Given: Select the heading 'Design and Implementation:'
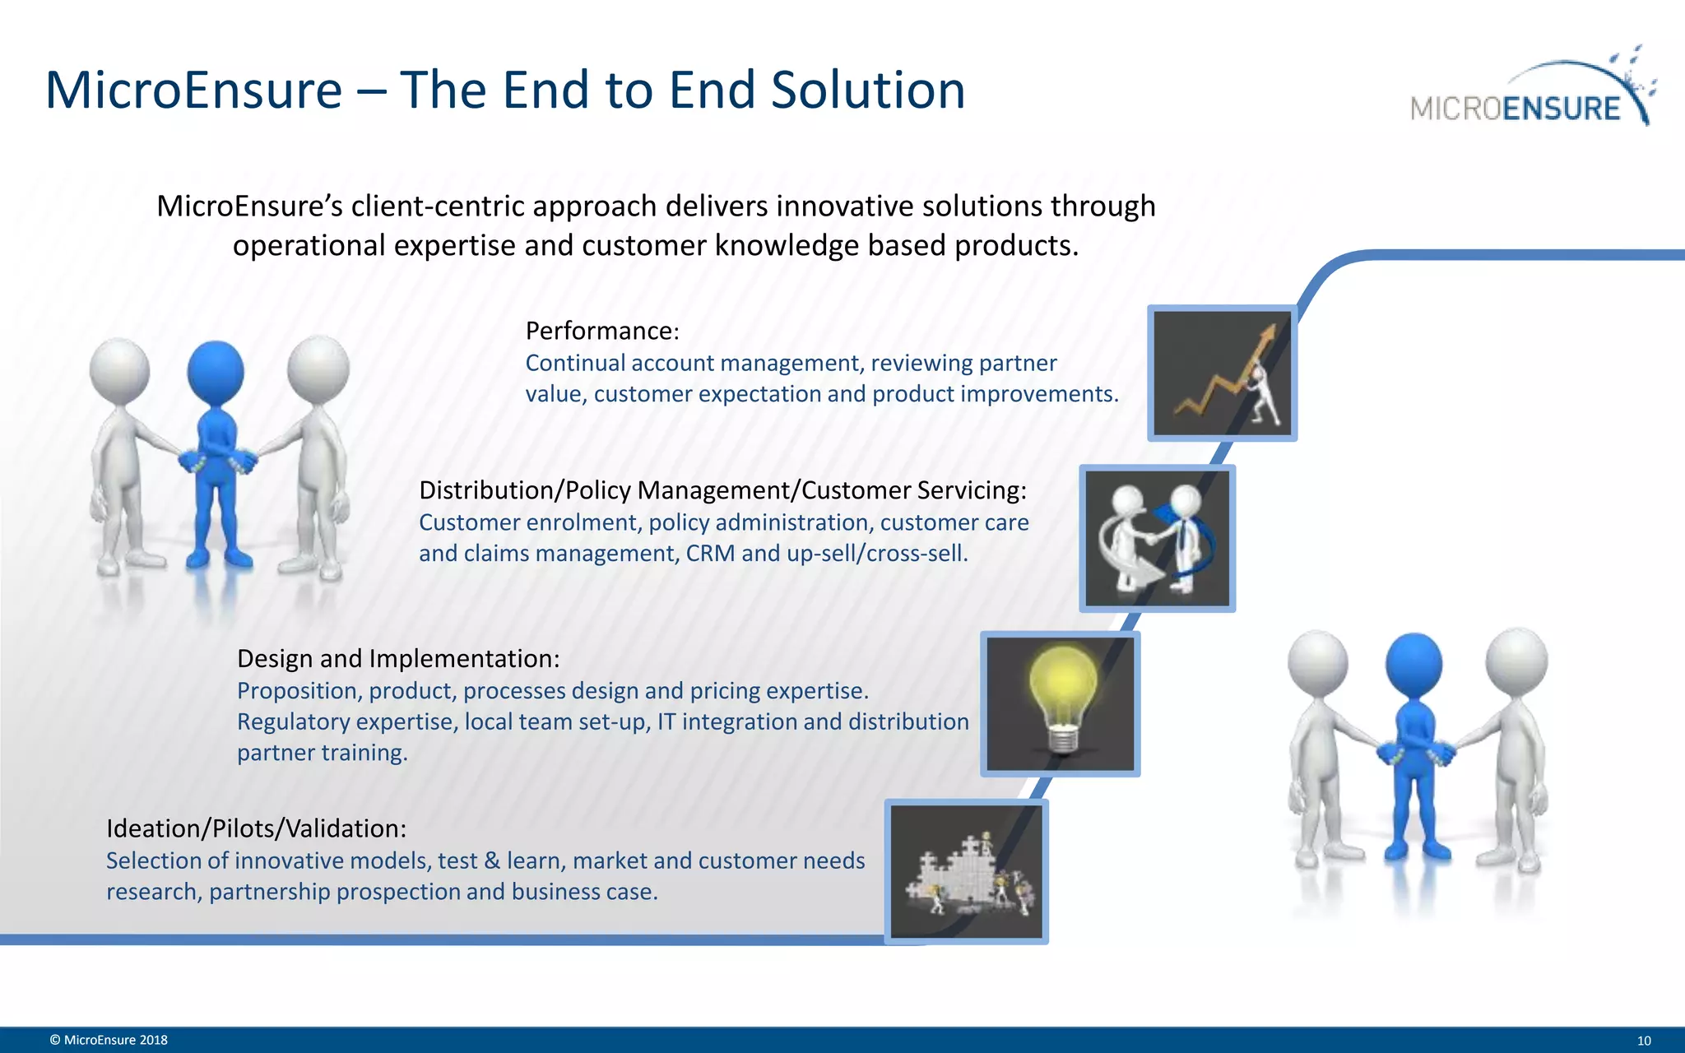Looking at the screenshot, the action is pos(398,658).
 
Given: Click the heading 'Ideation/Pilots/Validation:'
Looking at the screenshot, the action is pos(256,828).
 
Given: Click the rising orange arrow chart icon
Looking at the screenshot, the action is pos(1222,374).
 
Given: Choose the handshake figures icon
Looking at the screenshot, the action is pos(1157,539).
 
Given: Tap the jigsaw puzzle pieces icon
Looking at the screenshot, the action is pos(966,872).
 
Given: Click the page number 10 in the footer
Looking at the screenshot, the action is pos(1644,1041).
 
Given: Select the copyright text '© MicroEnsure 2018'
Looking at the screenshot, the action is pos(109,1040).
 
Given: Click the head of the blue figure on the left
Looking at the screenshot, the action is pos(216,370).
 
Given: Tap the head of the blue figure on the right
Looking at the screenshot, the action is pos(1413,662).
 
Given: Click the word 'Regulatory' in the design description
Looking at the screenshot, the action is pos(293,721).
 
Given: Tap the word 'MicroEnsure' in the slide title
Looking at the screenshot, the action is pos(194,90).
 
